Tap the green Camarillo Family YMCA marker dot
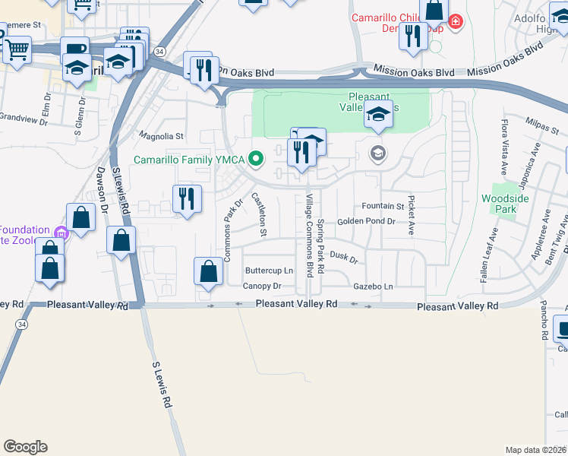(x=257, y=159)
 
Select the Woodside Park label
(x=499, y=204)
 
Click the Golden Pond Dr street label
(x=366, y=221)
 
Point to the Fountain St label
(x=382, y=206)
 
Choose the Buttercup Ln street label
(x=268, y=271)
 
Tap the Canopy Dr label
(x=262, y=287)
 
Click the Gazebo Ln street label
(x=373, y=287)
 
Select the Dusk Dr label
(x=343, y=258)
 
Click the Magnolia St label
(x=162, y=137)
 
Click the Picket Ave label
(x=411, y=215)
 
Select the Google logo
(x=25, y=447)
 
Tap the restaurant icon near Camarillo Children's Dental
(x=413, y=36)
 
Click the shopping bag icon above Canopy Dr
(x=208, y=271)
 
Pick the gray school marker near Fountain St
(x=377, y=154)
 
